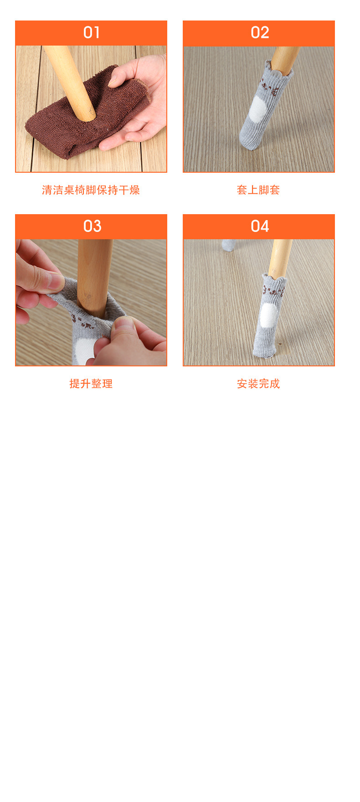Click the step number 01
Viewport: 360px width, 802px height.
click(x=92, y=33)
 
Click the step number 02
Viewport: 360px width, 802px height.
click(x=259, y=33)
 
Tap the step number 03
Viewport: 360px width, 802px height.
click(x=92, y=226)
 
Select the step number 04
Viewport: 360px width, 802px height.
click(x=259, y=226)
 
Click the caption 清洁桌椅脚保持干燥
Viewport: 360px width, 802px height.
click(x=91, y=190)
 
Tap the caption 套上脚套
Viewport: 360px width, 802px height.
click(x=258, y=190)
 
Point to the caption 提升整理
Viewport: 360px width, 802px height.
click(x=91, y=384)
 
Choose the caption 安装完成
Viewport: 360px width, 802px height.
click(x=258, y=384)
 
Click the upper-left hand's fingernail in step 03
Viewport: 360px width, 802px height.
click(x=56, y=283)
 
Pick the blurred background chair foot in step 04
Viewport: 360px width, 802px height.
click(x=229, y=245)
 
